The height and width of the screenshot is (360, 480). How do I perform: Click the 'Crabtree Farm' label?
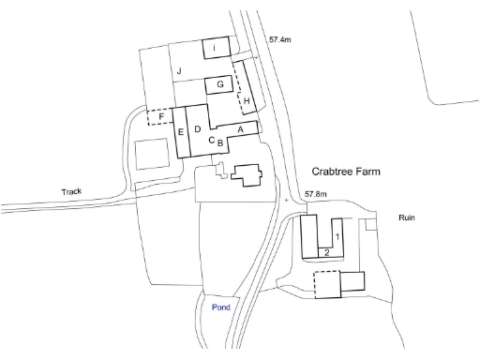coord(352,172)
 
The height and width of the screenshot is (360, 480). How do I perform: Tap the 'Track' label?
coord(71,192)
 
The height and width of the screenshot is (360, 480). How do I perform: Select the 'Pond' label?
coord(220,307)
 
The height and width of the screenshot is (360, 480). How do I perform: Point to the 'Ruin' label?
coord(406,217)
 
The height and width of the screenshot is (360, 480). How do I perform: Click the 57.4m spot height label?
coord(281,40)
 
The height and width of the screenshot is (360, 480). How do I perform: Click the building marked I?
coord(216,47)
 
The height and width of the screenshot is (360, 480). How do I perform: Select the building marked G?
coord(218,84)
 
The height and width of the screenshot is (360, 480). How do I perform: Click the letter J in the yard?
coord(176,70)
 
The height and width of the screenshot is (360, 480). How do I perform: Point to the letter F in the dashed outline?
coord(161,117)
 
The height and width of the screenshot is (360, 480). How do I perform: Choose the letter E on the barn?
coord(180,132)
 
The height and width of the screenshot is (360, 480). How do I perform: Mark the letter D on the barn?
coord(198,127)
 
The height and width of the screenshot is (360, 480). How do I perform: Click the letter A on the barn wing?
coord(240,128)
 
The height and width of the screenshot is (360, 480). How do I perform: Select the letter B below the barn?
coord(219,143)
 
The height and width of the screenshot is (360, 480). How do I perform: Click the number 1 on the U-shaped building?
coord(337,236)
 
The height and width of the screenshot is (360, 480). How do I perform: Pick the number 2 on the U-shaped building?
coord(325,253)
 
